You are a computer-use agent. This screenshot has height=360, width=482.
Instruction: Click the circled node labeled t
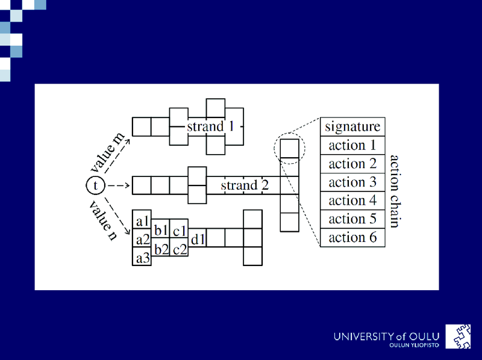click(96, 185)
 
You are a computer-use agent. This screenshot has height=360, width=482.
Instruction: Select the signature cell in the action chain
click(352, 126)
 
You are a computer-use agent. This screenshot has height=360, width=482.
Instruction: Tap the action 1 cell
click(352, 145)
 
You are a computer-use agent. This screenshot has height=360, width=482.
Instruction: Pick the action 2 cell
click(352, 164)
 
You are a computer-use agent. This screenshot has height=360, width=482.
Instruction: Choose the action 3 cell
click(352, 182)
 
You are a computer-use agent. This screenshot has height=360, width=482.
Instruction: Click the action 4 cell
click(352, 200)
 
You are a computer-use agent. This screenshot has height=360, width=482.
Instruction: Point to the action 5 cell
click(352, 219)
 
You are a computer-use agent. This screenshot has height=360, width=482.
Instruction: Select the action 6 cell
click(352, 237)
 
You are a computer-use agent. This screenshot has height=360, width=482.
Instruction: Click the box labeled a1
click(142, 219)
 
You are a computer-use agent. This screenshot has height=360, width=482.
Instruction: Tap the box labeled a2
click(142, 238)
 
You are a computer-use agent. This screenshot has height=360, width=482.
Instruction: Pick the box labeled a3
click(142, 256)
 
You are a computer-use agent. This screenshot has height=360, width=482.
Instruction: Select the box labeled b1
click(160, 229)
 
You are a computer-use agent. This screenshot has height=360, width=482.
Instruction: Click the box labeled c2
click(179, 247)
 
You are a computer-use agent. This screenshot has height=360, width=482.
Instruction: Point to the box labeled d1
click(198, 238)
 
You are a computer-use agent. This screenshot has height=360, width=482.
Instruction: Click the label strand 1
click(210, 126)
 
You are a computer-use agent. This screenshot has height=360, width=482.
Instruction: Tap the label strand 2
click(245, 185)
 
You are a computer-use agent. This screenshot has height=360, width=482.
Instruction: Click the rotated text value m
click(108, 152)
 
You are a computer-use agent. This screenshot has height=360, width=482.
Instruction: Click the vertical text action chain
click(394, 191)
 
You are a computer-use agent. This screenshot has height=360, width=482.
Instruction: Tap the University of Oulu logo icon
click(458, 337)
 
